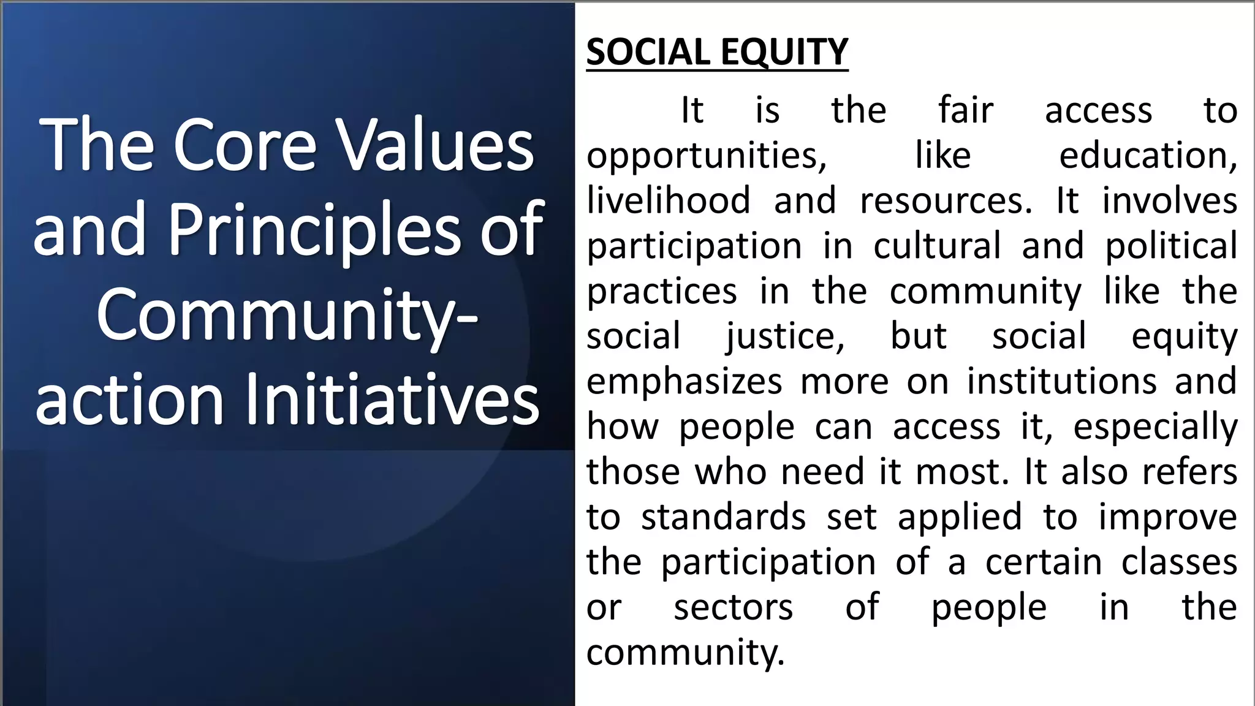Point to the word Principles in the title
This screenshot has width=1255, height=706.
click(313, 230)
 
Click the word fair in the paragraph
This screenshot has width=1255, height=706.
click(966, 110)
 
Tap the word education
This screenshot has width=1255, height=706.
click(1148, 156)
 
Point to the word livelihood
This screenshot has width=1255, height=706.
click(669, 200)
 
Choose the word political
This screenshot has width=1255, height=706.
click(1171, 246)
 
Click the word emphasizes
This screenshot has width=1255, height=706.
click(684, 382)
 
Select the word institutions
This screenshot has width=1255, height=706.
click(1061, 381)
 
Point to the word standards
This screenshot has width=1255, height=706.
click(723, 517)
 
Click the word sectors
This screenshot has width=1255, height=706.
click(733, 607)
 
